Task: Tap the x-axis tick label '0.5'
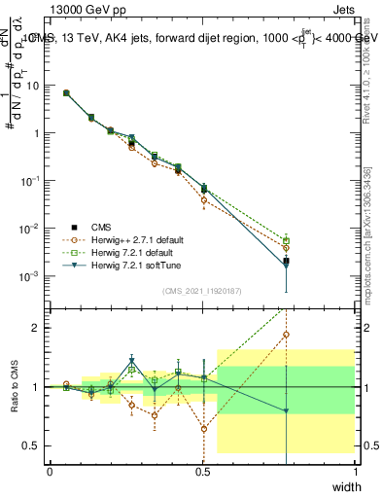pyautogui.click(x=202, y=470)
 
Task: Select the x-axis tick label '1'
pyautogui.click(x=356, y=470)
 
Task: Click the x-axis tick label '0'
pyautogui.click(x=50, y=470)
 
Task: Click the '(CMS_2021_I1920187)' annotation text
pyautogui.click(x=202, y=291)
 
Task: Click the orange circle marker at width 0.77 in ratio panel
pyautogui.click(x=286, y=335)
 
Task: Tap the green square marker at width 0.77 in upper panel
pyautogui.click(x=286, y=240)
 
